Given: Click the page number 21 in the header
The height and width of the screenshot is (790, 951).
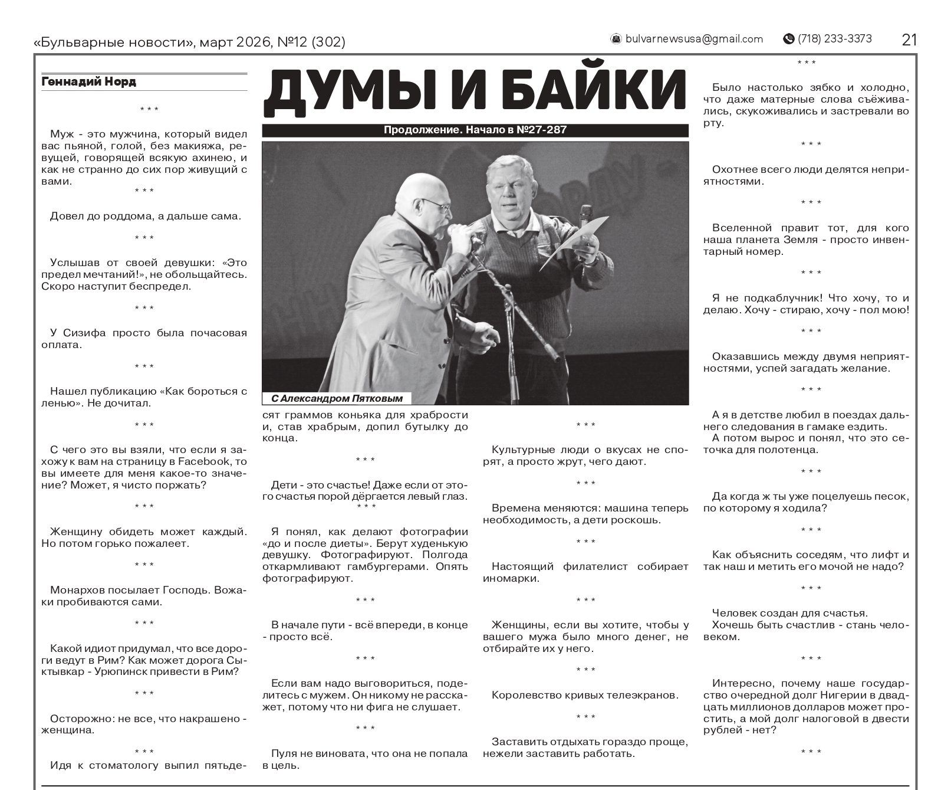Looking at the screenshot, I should [909, 40].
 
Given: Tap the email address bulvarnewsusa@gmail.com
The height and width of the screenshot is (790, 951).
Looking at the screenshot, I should [694, 39].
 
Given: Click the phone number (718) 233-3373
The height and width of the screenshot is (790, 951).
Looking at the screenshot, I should [834, 39].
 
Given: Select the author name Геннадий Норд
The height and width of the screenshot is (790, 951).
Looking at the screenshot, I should [89, 82].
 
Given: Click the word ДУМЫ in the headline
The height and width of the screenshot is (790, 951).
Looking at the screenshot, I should [348, 93].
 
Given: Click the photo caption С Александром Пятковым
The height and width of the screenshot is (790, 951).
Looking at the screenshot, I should [337, 398].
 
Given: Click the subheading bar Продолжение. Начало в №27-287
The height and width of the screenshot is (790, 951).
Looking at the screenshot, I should [475, 130].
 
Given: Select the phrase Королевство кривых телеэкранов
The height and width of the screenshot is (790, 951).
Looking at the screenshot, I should [585, 695].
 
